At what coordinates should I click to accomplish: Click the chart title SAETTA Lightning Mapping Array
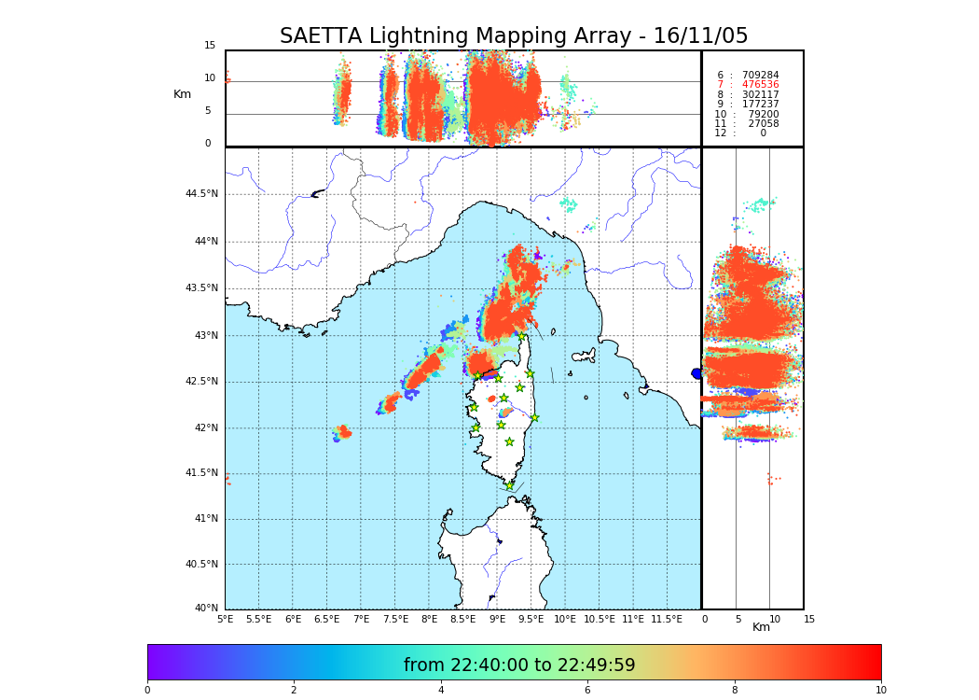point(514,36)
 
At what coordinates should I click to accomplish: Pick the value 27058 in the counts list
point(763,123)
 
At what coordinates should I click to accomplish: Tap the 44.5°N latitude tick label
point(201,194)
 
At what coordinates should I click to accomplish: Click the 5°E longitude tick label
point(226,619)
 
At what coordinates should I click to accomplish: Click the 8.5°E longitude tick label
point(463,619)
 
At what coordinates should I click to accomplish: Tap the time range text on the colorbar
point(519,665)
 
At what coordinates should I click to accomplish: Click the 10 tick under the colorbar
point(880,691)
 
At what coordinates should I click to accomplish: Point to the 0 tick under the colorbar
point(147,691)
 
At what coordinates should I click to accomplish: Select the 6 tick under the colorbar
point(587,691)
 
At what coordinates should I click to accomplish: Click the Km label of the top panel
point(182,94)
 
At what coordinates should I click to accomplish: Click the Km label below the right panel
point(762,627)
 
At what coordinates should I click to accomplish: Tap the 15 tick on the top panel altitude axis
point(210,46)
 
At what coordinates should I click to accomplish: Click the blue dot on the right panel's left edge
point(696,373)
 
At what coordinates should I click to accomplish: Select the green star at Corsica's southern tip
point(509,485)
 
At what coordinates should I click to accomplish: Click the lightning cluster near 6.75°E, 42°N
point(343,432)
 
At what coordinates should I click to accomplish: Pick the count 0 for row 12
point(763,133)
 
